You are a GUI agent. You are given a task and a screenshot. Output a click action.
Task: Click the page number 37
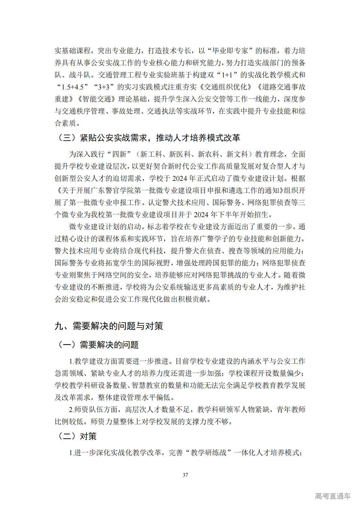click(185, 474)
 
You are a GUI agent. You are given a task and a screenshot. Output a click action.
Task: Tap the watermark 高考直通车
click(333, 496)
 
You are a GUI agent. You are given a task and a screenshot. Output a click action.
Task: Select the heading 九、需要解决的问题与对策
click(109, 326)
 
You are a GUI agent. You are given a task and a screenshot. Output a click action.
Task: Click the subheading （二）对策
click(77, 436)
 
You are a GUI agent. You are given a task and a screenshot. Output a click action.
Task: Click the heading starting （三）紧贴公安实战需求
click(149, 138)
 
